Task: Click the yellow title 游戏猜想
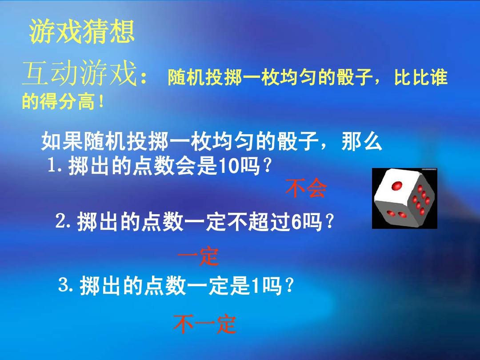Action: (82, 31)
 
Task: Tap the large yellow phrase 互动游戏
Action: (80, 74)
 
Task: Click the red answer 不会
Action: (306, 188)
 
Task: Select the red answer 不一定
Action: (204, 324)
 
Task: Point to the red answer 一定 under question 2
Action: (198, 256)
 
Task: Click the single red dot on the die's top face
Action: (397, 185)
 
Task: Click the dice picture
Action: (404, 198)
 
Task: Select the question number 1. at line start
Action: (56, 166)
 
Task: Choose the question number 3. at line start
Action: (66, 285)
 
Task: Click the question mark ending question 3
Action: (288, 285)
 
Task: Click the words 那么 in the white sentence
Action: (362, 141)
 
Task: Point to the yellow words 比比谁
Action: (420, 77)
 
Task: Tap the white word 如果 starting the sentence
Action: (61, 141)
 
